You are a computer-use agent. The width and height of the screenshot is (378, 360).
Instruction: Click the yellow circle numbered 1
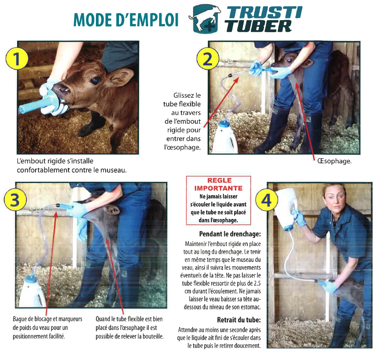17,59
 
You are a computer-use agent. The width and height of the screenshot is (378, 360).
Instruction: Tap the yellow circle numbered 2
208,59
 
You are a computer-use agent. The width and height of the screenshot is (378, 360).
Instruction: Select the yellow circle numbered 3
15,200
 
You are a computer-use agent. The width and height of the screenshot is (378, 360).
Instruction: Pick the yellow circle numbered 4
267,200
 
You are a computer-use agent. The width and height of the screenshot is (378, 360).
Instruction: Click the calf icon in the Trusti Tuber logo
205,18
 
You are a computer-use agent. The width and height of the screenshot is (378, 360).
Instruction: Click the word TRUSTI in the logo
265,12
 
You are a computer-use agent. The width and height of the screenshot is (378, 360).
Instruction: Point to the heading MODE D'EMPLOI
126,20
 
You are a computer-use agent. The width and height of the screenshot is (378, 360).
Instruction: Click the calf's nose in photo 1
62,90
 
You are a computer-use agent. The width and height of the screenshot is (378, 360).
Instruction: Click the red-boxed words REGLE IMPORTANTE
218,184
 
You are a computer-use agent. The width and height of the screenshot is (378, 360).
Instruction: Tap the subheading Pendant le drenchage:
230,234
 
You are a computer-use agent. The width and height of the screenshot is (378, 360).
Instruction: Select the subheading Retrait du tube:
239,320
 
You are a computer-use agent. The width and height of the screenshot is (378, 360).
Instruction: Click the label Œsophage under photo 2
334,161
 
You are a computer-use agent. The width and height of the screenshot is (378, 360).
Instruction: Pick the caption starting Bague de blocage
47,328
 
